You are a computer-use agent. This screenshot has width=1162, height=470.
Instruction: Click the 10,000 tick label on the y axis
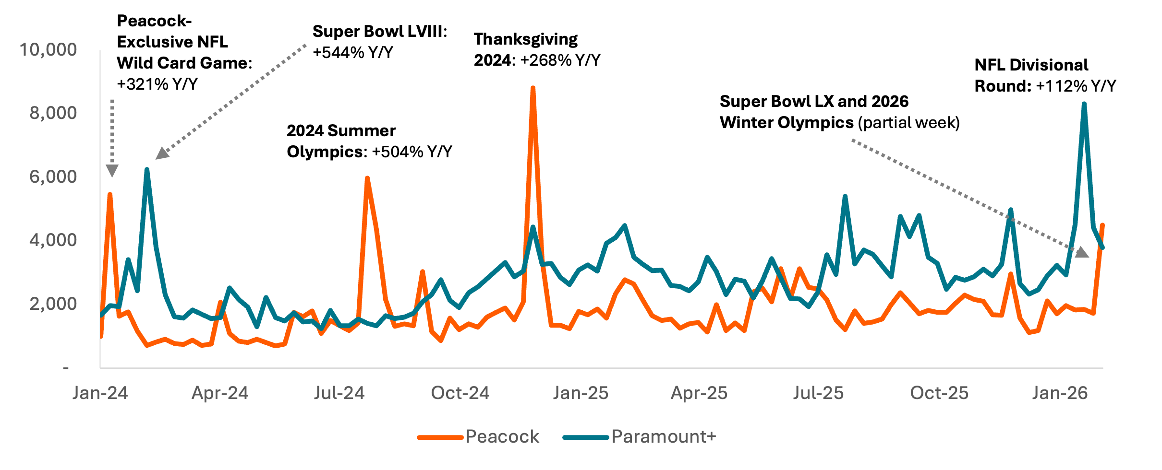(48, 50)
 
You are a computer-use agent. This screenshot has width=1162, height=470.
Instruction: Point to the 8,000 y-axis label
(53, 113)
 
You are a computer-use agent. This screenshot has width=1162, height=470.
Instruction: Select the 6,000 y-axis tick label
(53, 177)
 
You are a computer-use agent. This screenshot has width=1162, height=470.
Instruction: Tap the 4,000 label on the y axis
(53, 240)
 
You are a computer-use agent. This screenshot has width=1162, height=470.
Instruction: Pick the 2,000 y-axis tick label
(53, 304)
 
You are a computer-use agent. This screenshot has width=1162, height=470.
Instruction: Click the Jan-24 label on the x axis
(100, 393)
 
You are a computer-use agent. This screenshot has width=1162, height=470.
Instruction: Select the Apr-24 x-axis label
(220, 393)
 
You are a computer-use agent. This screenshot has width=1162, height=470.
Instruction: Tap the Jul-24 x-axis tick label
(339, 393)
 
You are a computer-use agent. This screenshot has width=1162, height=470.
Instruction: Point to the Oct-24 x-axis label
(460, 393)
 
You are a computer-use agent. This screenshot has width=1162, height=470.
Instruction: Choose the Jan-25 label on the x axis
(581, 393)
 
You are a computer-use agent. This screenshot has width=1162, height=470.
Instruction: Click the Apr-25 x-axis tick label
(699, 393)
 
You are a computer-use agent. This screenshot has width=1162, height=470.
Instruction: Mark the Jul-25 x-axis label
(818, 393)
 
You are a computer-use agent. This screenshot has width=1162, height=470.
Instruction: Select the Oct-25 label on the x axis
(939, 393)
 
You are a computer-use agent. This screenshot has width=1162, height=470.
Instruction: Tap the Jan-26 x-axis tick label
(1060, 393)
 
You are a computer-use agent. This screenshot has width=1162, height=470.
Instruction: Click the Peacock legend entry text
(502, 437)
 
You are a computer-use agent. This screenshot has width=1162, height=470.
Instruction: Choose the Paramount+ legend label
(664, 437)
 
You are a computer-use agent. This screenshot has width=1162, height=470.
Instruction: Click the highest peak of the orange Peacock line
(533, 89)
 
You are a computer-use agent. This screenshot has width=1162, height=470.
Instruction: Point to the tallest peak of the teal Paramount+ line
(1084, 104)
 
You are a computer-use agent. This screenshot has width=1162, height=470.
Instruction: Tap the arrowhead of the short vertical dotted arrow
(112, 171)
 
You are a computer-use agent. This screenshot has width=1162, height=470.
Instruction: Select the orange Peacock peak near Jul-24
(367, 178)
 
